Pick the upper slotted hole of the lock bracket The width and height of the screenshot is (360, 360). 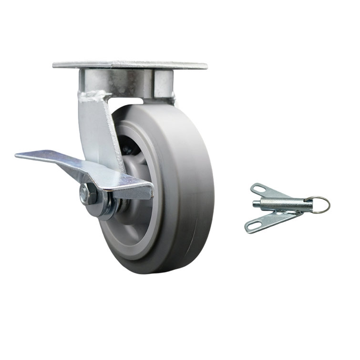259,189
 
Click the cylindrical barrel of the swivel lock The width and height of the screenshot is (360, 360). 284,205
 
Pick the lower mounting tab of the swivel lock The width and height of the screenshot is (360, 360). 267,221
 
